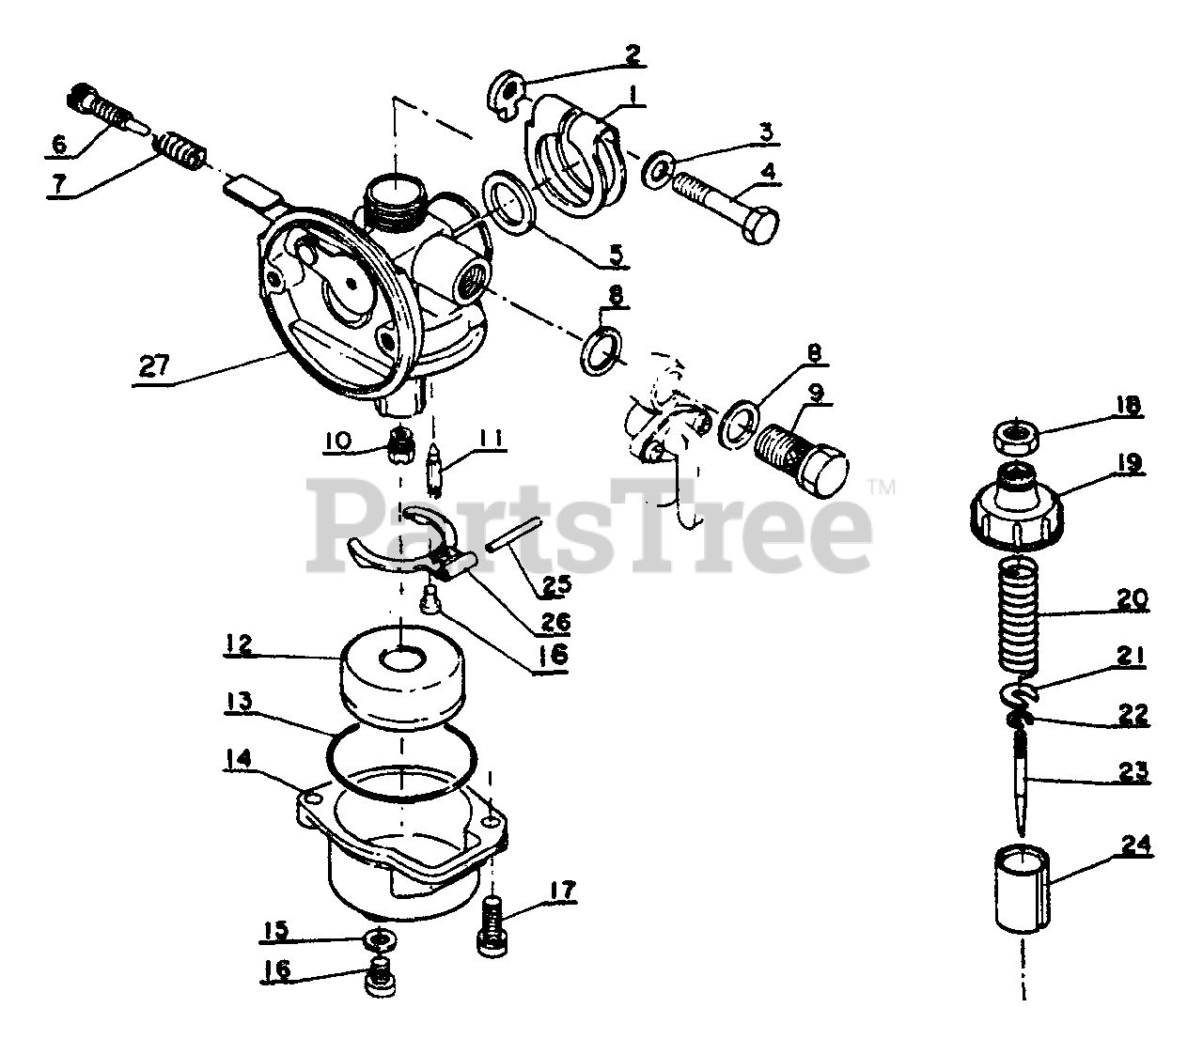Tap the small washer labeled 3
661,170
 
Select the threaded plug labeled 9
802,457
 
